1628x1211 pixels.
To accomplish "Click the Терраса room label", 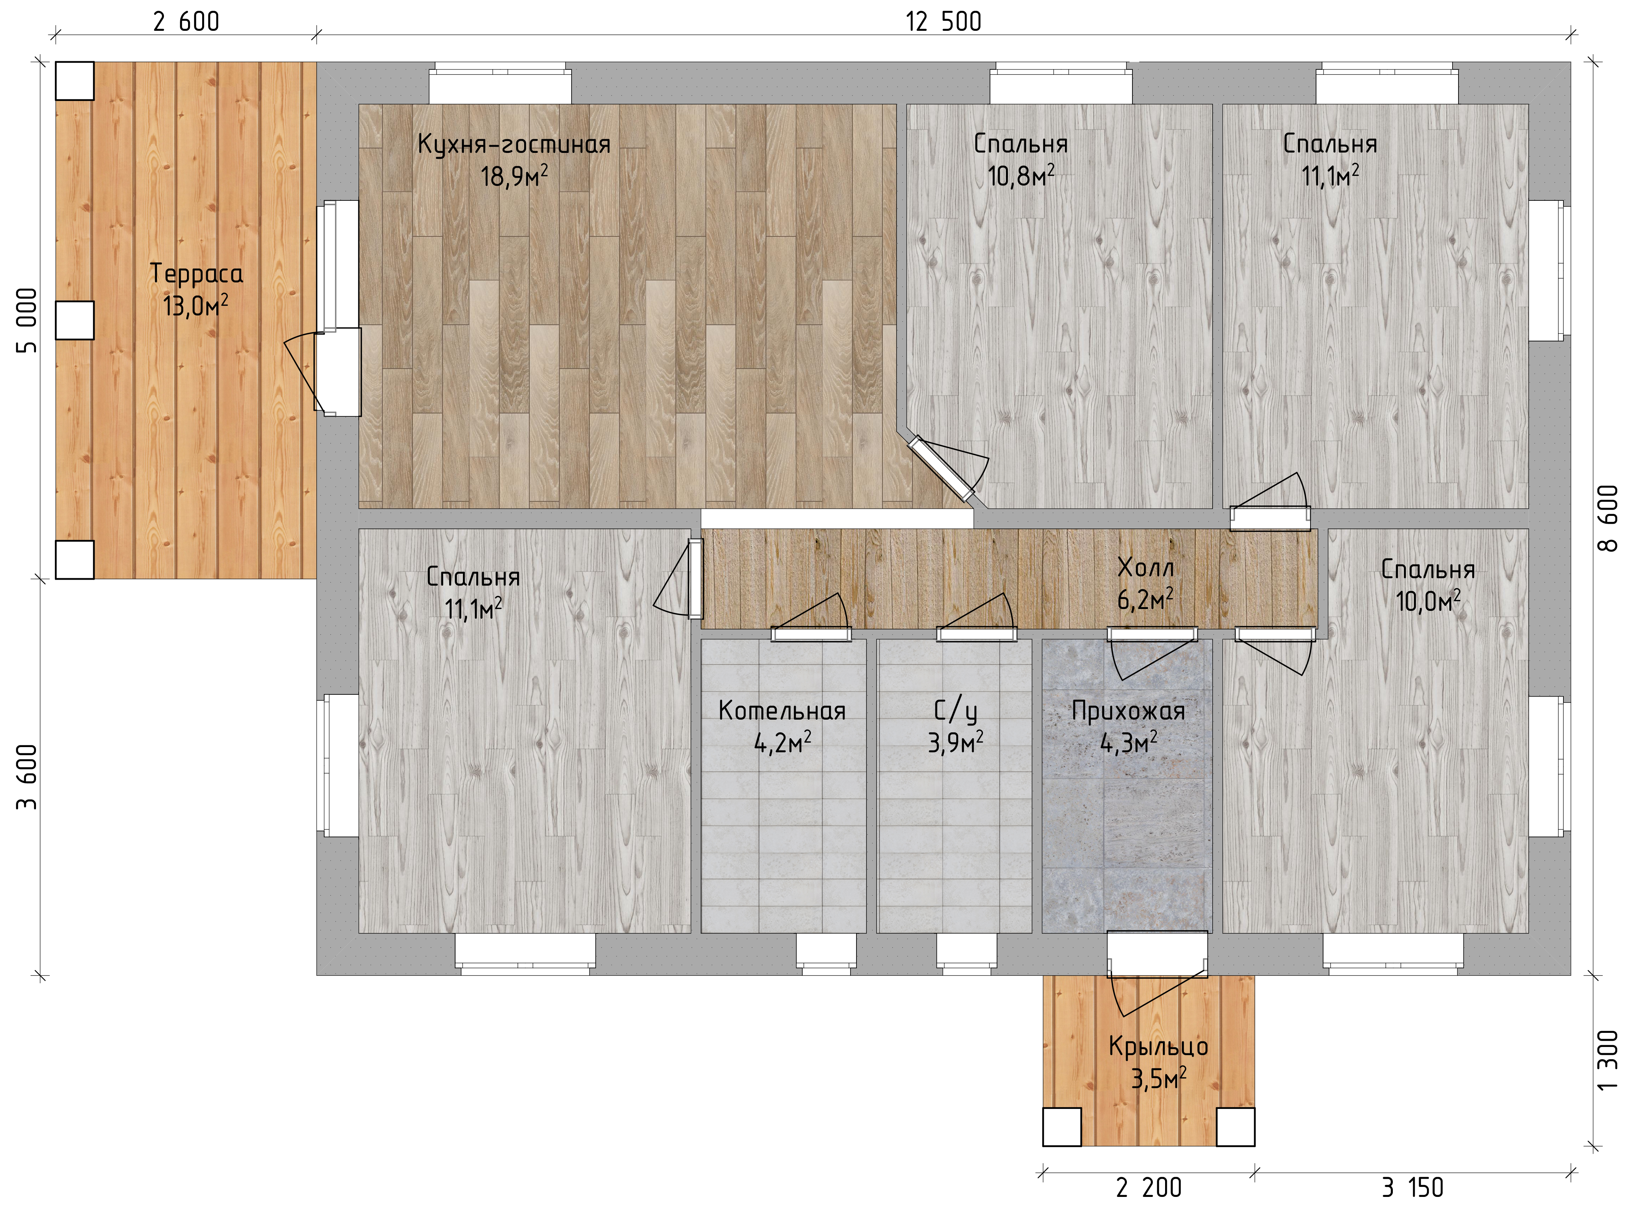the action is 196,274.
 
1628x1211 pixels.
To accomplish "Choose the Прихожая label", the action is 1128,711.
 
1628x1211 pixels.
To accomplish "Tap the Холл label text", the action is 1146,567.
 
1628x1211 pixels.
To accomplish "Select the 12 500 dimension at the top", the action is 944,22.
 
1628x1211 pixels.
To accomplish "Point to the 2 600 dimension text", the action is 186,22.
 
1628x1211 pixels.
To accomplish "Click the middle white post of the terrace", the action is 75,320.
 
